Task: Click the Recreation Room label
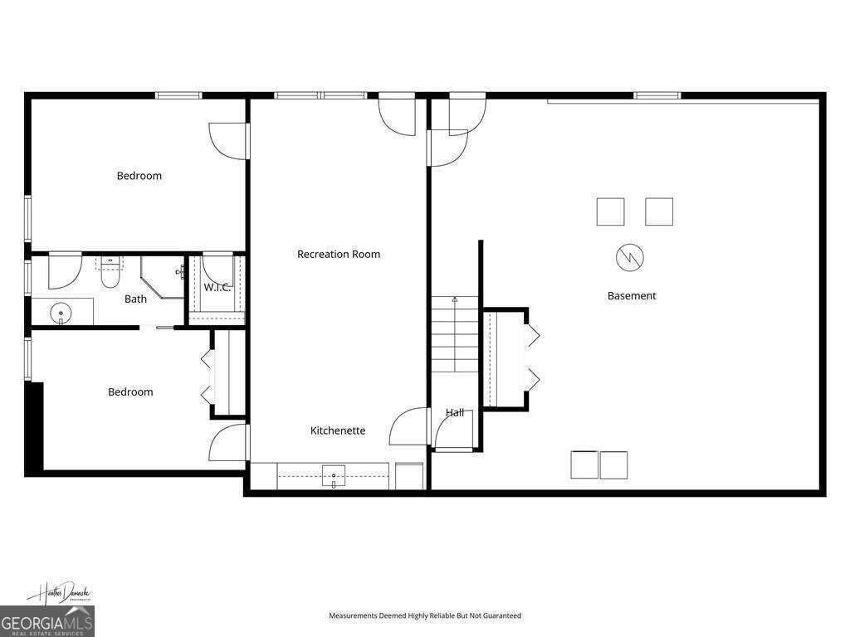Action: (339, 255)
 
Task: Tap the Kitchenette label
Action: (338, 430)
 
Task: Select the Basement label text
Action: (632, 296)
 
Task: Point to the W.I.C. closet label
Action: (217, 287)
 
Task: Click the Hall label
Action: (455, 412)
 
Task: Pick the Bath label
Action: (135, 299)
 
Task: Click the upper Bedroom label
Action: (139, 176)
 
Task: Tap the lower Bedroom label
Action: (130, 392)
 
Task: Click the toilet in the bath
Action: (110, 273)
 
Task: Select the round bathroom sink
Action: (61, 314)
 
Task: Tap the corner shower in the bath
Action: (163, 277)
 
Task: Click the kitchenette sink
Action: (334, 477)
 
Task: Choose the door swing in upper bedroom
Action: (228, 140)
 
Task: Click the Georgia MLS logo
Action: (47, 620)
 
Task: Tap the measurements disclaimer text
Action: (425, 615)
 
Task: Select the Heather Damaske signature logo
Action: (60, 593)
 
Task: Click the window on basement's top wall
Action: (657, 95)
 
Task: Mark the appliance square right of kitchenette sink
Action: (408, 476)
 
